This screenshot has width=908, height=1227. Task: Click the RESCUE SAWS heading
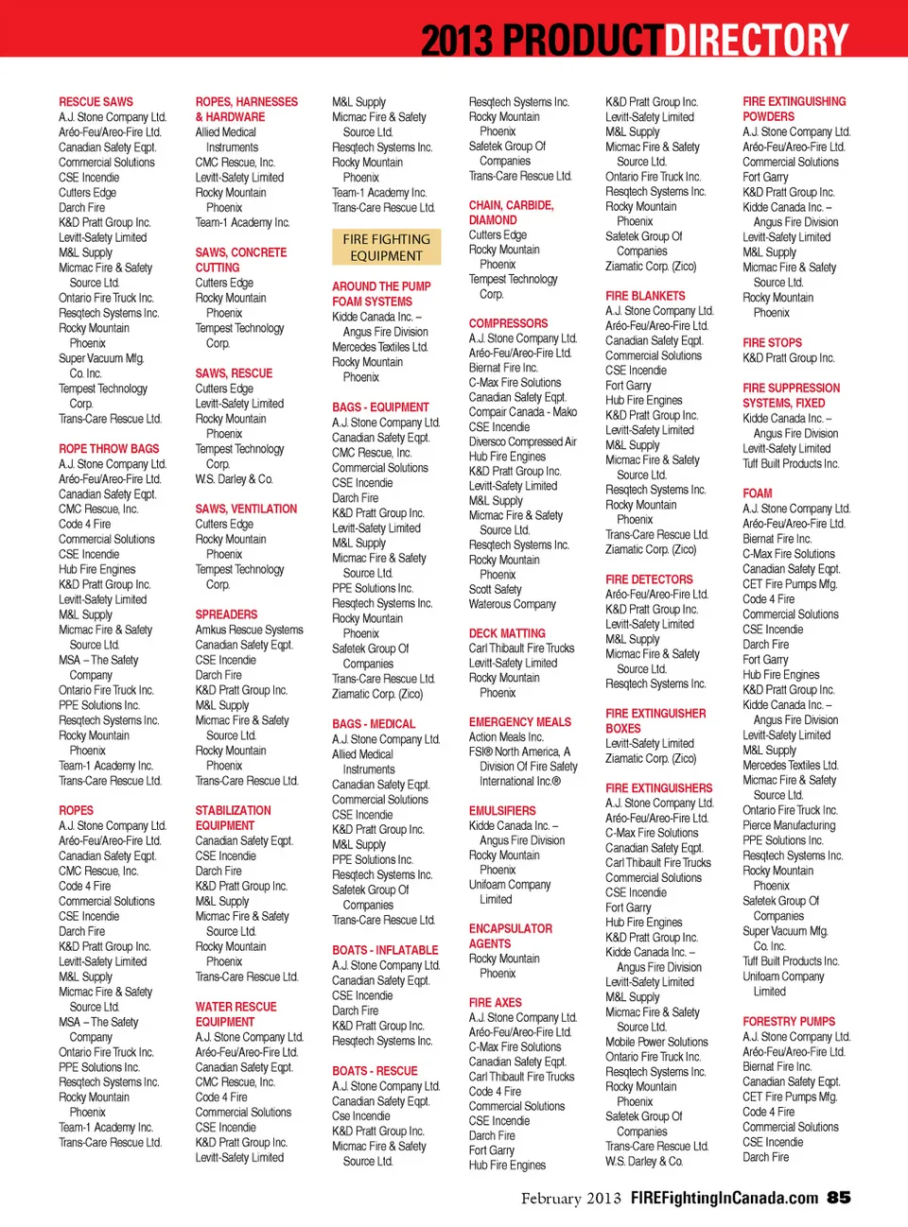coord(96,102)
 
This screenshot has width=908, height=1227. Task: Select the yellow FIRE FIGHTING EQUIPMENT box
coord(386,248)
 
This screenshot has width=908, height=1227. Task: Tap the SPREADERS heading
coord(226,614)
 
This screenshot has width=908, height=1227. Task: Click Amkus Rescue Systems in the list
coord(249,630)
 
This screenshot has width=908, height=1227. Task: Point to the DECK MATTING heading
coord(507,633)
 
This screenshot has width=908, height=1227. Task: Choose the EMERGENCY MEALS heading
coord(519,722)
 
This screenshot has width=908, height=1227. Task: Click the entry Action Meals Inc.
coord(506,737)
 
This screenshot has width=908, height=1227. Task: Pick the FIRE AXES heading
coord(495,1003)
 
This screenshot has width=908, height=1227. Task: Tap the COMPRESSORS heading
coord(508,323)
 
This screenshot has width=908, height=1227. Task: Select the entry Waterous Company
coord(512,604)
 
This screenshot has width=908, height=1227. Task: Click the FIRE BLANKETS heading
coord(645,296)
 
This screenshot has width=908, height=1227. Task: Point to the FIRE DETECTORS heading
coord(649,579)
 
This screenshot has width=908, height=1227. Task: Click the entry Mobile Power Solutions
coord(656,1042)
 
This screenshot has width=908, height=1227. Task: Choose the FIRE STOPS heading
coord(772,343)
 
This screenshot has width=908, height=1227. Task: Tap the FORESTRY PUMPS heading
coord(789,1022)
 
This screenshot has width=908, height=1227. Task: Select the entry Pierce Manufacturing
coord(789,825)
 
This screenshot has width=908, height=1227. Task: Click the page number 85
coord(838,1198)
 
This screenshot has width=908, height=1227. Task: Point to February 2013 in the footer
coord(570,1199)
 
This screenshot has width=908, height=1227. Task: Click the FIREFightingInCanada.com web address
coord(724,1199)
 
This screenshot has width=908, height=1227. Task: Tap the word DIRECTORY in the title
coord(756,40)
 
